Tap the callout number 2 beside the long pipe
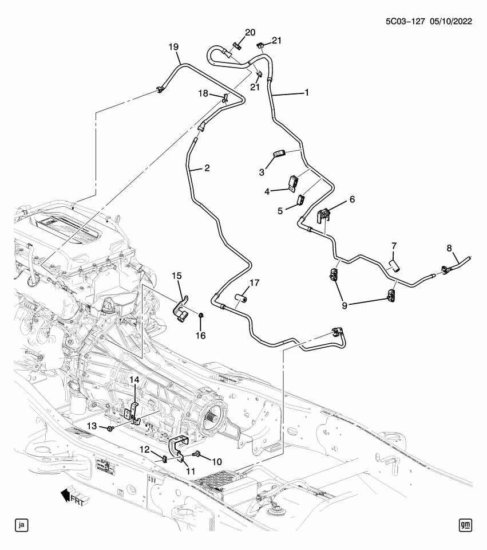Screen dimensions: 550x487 (x=207, y=168)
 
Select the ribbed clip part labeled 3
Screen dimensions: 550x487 (x=279, y=153)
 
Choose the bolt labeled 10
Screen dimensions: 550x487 (x=197, y=455)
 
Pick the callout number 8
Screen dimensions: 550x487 (x=449, y=248)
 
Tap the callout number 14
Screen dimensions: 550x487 (x=133, y=380)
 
